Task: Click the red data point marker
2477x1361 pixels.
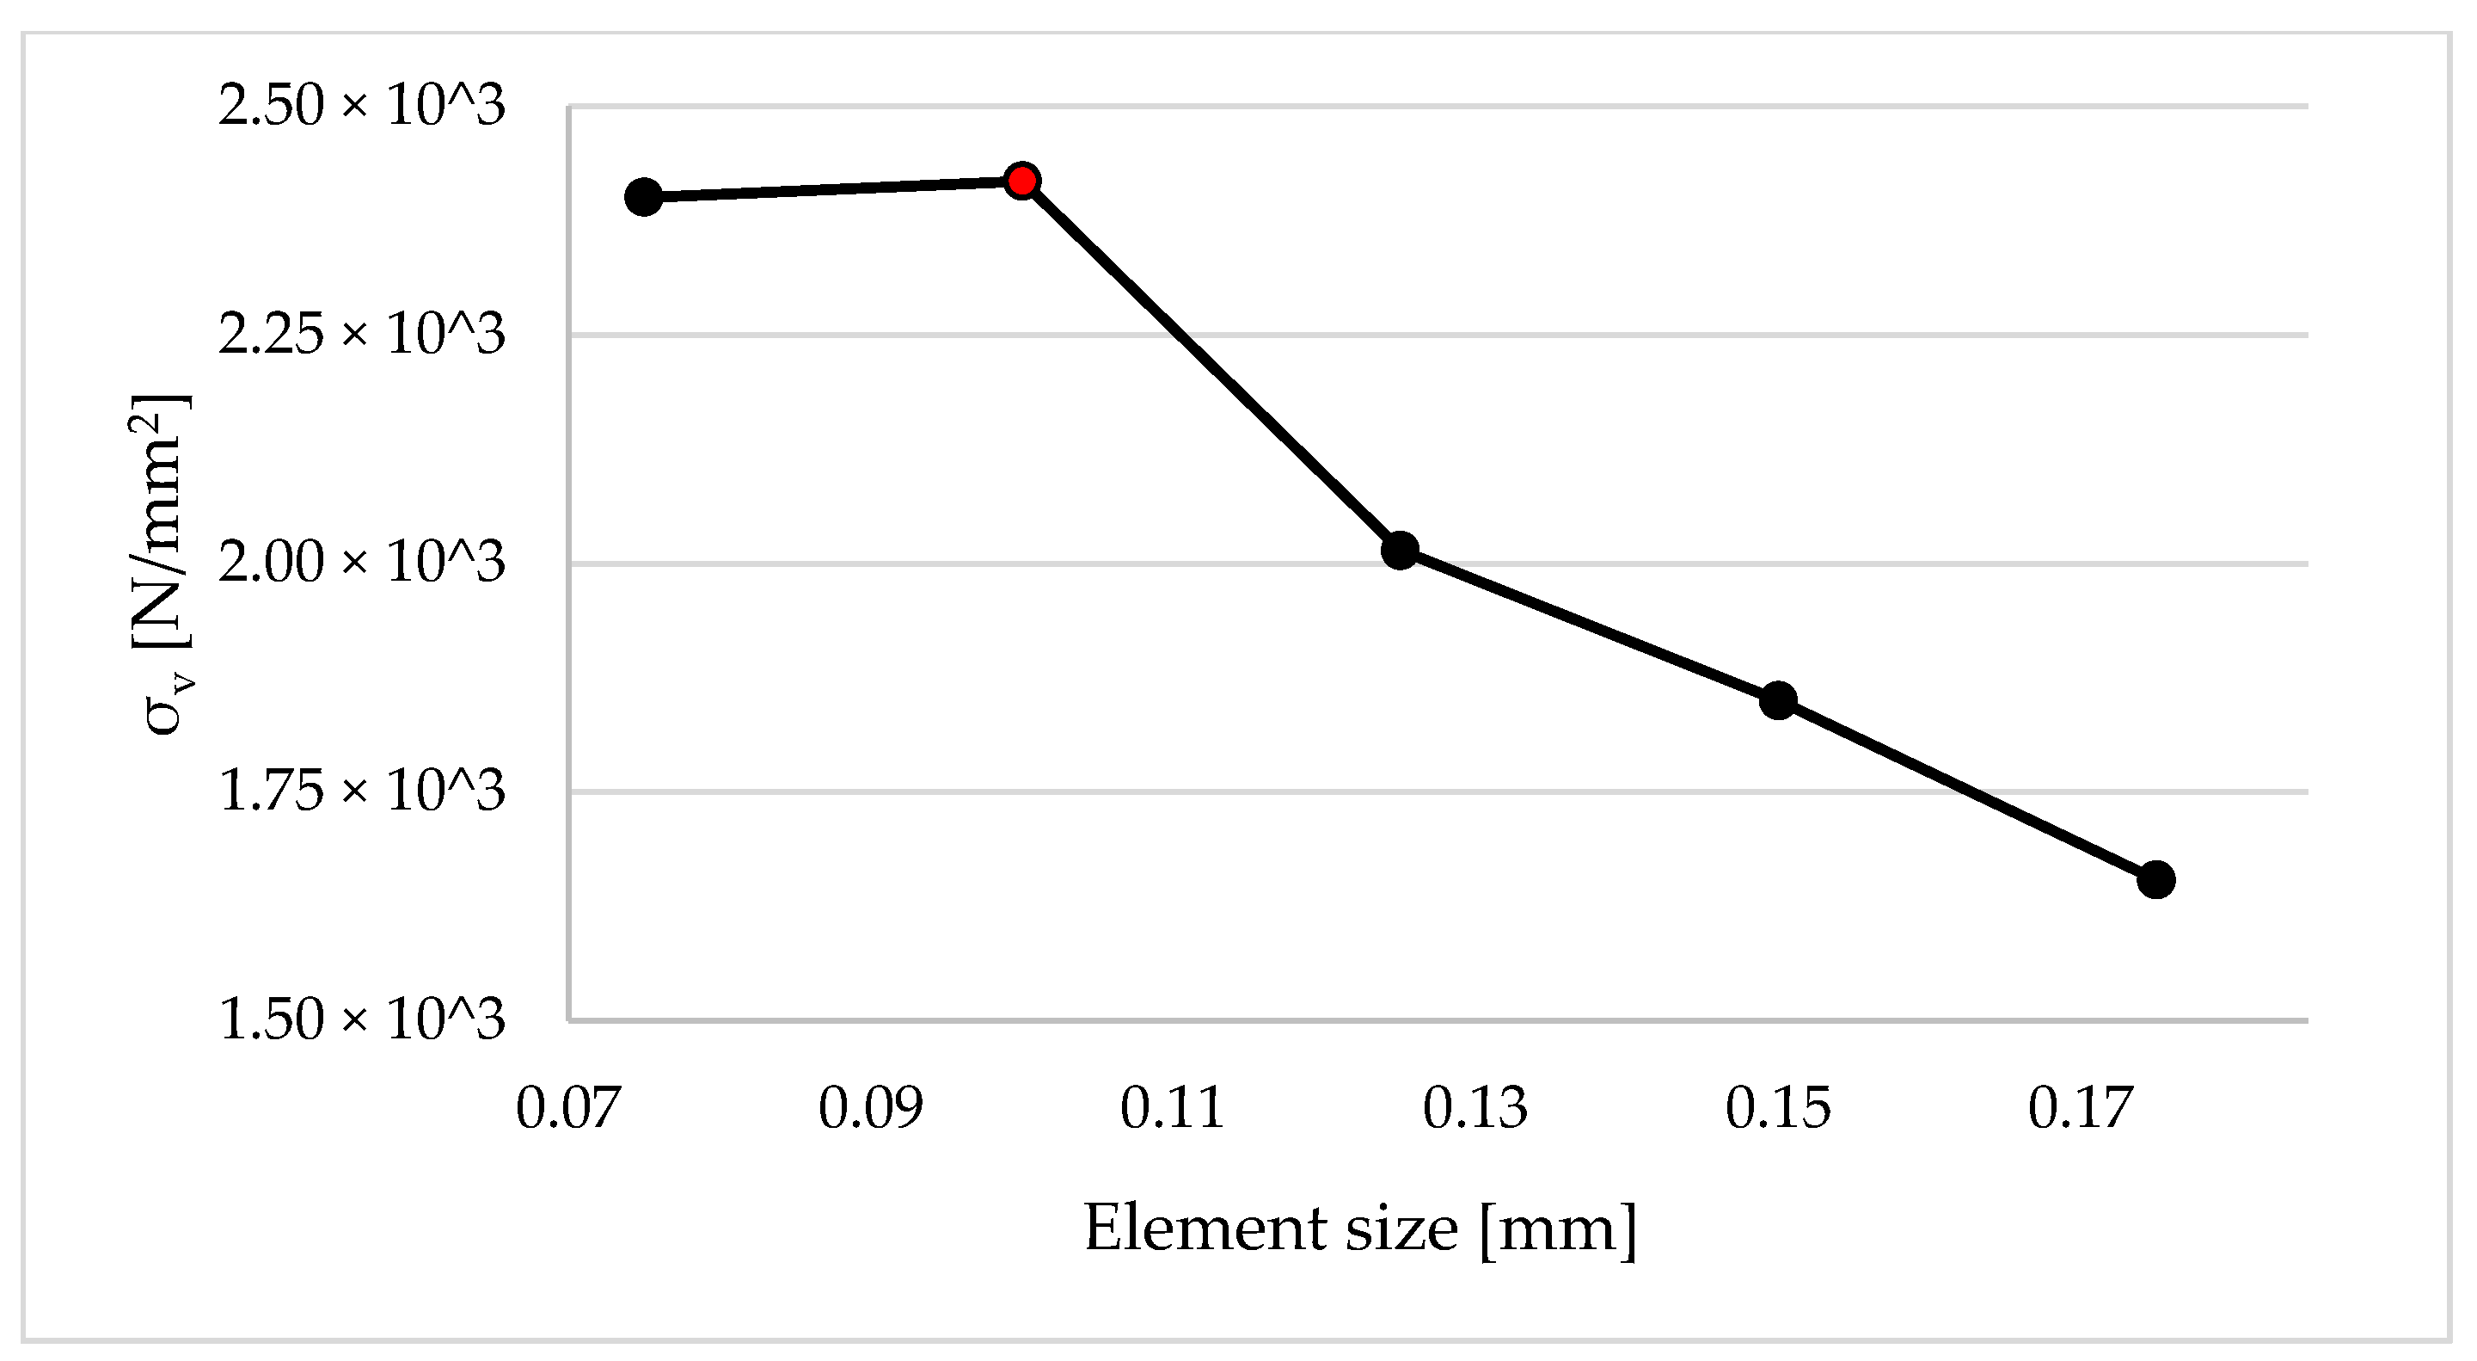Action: pyautogui.click(x=1021, y=180)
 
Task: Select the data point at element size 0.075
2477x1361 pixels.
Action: pyautogui.click(x=643, y=197)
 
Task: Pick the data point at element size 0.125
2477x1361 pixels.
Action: pyautogui.click(x=1400, y=551)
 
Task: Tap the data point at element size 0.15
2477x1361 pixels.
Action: pyautogui.click(x=1778, y=700)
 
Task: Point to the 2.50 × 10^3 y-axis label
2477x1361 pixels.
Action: pyautogui.click(x=362, y=106)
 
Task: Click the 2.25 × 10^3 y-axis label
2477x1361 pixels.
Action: pyautogui.click(x=362, y=335)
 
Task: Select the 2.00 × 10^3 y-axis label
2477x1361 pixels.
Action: pyautogui.click(x=362, y=563)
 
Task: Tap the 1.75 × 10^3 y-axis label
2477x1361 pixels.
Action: pyautogui.click(x=362, y=791)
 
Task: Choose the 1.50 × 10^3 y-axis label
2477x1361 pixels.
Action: pyautogui.click(x=362, y=1019)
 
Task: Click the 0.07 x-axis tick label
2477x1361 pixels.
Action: pyautogui.click(x=567, y=1108)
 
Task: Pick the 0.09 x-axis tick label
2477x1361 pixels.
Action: pyautogui.click(x=870, y=1108)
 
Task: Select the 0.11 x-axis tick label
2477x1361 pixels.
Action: pyautogui.click(x=1172, y=1108)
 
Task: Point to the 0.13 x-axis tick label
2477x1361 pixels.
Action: pyautogui.click(x=1475, y=1108)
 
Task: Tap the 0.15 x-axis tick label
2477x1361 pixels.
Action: pyautogui.click(x=1778, y=1108)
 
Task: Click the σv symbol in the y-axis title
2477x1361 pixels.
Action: pyautogui.click(x=165, y=709)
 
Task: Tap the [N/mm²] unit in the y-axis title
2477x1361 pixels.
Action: pyautogui.click(x=161, y=520)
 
